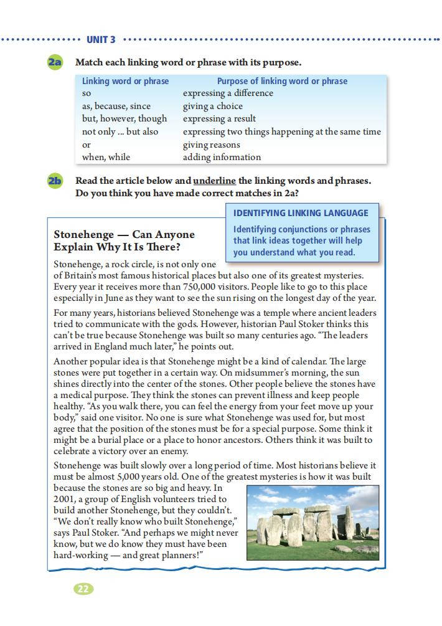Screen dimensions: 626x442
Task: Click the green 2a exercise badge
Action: pyautogui.click(x=55, y=62)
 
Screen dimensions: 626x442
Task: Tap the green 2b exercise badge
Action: pyautogui.click(x=55, y=181)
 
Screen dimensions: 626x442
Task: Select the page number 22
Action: pyautogui.click(x=83, y=589)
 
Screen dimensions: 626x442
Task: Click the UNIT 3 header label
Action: pyautogui.click(x=101, y=40)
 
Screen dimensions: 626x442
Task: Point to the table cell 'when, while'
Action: pyautogui.click(x=106, y=158)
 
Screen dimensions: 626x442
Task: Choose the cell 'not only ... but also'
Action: pyautogui.click(x=120, y=131)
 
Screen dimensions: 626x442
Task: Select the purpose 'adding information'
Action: pyautogui.click(x=222, y=158)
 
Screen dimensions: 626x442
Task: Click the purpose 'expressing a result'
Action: pyautogui.click(x=219, y=118)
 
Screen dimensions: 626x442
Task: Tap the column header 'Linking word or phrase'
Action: pyautogui.click(x=125, y=81)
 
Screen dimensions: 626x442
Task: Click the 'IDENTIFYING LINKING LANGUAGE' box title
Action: pyautogui.click(x=301, y=213)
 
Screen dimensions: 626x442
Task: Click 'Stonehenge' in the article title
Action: pyautogui.click(x=83, y=234)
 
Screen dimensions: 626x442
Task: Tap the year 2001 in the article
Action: pyautogui.click(x=65, y=499)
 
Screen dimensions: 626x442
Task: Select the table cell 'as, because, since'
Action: pyautogui.click(x=116, y=106)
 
